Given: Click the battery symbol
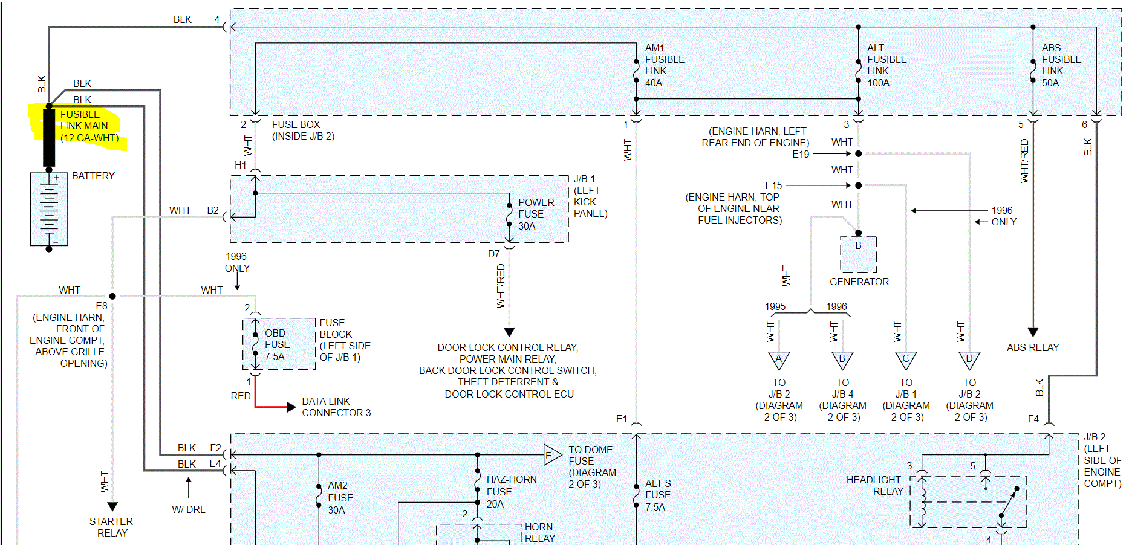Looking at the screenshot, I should (49, 209).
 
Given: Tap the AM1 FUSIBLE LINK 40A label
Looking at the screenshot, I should (665, 65).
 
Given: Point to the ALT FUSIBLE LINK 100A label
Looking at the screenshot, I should (886, 65).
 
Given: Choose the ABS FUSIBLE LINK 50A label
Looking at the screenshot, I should (1061, 65).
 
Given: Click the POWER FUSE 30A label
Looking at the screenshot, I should (535, 214).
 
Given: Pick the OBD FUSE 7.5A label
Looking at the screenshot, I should (277, 345).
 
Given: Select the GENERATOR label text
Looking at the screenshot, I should (859, 282).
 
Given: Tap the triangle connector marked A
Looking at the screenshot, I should (779, 360).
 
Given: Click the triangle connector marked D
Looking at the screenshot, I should (969, 360).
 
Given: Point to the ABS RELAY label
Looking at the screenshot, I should (1033, 347).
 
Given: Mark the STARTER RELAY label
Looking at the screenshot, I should (111, 527).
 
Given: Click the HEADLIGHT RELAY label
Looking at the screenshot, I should (874, 486).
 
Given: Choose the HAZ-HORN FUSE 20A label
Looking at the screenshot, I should (511, 492).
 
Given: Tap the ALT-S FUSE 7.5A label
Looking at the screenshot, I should (657, 495).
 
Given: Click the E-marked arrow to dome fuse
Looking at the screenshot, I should (551, 455).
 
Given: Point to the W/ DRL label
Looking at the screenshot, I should (189, 509).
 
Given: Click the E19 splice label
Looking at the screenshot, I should (801, 154).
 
